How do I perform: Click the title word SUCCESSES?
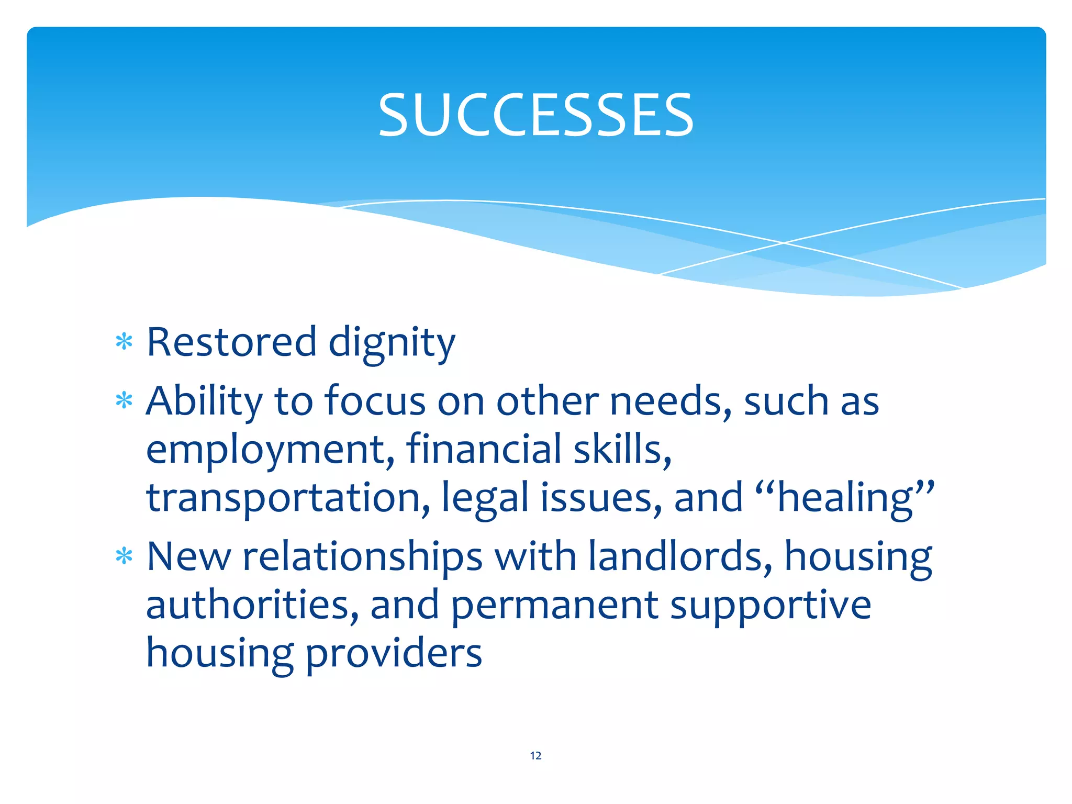click(x=535, y=115)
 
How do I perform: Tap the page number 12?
click(x=535, y=755)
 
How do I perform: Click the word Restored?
click(x=231, y=342)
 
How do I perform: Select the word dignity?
click(x=392, y=343)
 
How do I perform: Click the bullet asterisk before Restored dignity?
click(x=124, y=342)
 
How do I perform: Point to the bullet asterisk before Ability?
click(x=124, y=401)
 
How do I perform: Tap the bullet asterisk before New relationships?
click(x=124, y=556)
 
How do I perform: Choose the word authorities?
click(x=252, y=605)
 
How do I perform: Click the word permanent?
click(x=554, y=606)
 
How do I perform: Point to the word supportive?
click(x=770, y=606)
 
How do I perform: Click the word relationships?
click(x=362, y=557)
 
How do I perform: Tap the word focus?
click(x=375, y=401)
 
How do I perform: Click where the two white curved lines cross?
click(x=784, y=243)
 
